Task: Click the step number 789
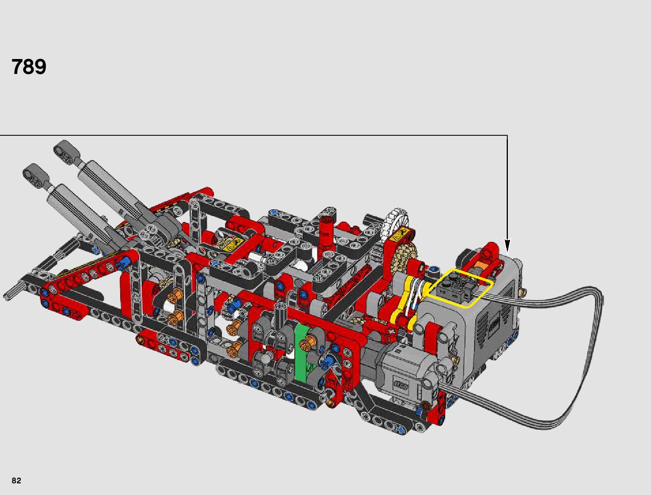29,66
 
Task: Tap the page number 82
16,480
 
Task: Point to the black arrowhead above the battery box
507,246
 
